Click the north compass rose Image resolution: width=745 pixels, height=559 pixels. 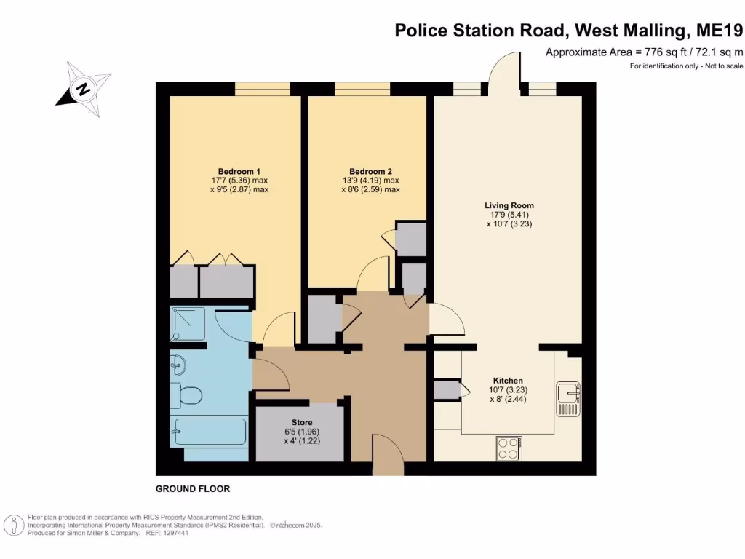coord(84,90)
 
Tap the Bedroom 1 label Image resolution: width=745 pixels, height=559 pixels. coord(232,171)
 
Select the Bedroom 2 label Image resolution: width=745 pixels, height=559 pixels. coord(370,171)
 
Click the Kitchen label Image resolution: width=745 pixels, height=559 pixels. coord(508,381)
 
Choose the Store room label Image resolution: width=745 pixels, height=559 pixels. coord(302,422)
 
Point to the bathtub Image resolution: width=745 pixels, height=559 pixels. coord(210,432)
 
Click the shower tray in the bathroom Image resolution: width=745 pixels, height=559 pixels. coord(189,323)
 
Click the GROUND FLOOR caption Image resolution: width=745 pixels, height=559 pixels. coord(193,489)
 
